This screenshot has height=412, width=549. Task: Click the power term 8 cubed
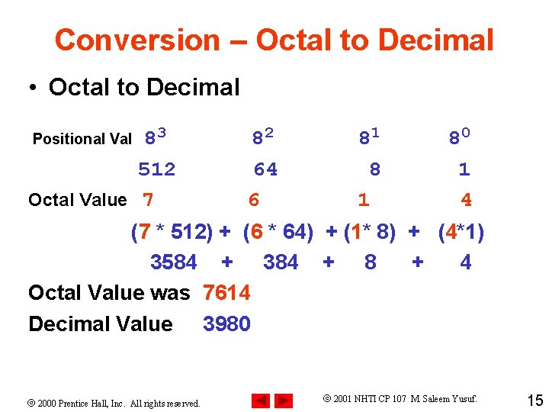pyautogui.click(x=156, y=137)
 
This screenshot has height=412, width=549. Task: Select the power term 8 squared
pyautogui.click(x=263, y=137)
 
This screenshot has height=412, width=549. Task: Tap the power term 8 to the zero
pyautogui.click(x=459, y=137)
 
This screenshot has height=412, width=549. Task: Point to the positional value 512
pyautogui.click(x=156, y=169)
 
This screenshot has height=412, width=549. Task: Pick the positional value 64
pyautogui.click(x=265, y=169)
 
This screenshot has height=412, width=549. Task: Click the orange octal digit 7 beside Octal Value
pyautogui.click(x=148, y=200)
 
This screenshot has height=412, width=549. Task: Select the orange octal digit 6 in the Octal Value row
pyautogui.click(x=254, y=200)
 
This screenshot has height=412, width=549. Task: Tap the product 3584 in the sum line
pyautogui.click(x=174, y=262)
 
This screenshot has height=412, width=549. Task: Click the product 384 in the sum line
pyautogui.click(x=281, y=262)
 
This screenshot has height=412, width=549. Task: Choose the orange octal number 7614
pyautogui.click(x=226, y=293)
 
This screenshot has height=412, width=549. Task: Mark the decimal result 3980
pyautogui.click(x=226, y=324)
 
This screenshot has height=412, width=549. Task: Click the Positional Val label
pyautogui.click(x=82, y=139)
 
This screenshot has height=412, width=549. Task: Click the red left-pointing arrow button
pyautogui.click(x=260, y=400)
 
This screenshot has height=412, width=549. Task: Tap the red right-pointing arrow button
pyautogui.click(x=284, y=400)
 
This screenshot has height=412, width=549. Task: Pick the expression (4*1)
pyautogui.click(x=461, y=231)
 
